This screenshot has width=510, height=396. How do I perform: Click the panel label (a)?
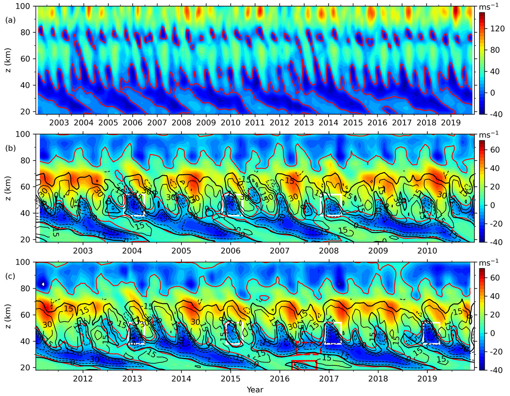pos(10,19)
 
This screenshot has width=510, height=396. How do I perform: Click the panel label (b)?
pos(10,147)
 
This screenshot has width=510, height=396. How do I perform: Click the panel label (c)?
pos(10,275)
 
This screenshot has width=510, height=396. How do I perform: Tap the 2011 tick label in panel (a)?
pos(255,123)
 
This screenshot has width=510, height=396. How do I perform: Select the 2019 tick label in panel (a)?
pos(451,123)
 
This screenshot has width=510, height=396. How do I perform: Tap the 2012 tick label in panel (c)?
pos(83,379)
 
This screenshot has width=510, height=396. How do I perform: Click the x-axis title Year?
pos(255,389)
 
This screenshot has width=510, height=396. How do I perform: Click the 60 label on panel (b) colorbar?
pos(495,150)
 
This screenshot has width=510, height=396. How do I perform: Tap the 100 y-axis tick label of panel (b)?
pos(26,134)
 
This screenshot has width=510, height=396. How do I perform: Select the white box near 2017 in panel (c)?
pos(333,333)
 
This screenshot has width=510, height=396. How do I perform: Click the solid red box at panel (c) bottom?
pos(304,365)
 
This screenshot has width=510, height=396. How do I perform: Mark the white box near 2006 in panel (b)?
pos(233,205)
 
